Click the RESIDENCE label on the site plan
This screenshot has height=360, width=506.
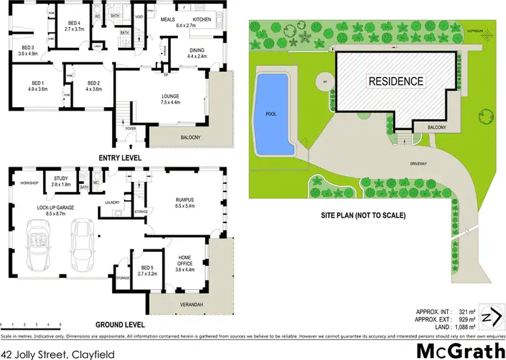point(396,81)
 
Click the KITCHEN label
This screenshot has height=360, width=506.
point(202,20)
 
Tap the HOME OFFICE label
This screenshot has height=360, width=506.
point(185,262)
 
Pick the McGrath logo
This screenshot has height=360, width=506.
point(461,351)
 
